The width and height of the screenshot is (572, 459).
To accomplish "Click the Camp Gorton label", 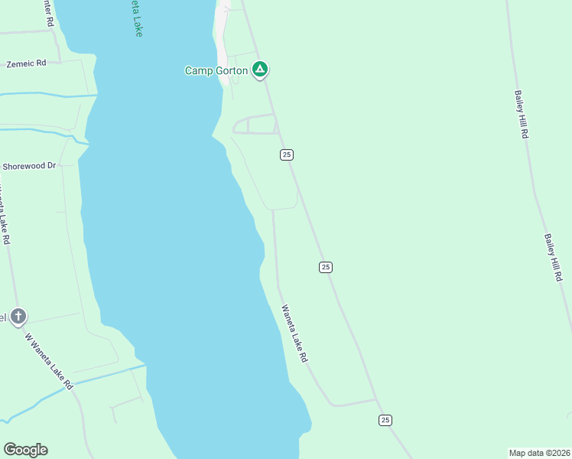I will [x=216, y=70].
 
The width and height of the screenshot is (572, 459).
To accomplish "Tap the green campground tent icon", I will [x=260, y=70].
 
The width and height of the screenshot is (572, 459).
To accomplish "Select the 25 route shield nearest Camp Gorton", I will [x=286, y=155].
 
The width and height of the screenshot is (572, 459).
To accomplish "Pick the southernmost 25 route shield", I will [x=385, y=420].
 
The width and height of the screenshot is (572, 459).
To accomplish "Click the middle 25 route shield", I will [x=326, y=266].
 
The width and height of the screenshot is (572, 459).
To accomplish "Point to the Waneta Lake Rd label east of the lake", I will [x=294, y=334].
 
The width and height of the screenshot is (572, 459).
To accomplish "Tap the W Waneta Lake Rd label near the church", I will [x=47, y=360].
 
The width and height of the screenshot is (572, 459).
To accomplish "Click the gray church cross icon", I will [x=18, y=316].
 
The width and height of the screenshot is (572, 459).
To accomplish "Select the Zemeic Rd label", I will [x=26, y=63].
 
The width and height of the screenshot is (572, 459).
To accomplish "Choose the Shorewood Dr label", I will [x=30, y=165].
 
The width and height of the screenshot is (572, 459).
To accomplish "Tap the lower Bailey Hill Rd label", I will [x=553, y=258].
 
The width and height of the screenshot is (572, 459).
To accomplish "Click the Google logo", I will [x=25, y=450].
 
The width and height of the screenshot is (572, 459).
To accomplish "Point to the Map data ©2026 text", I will [x=539, y=452].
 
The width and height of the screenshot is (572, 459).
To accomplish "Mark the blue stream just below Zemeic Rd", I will [x=46, y=94].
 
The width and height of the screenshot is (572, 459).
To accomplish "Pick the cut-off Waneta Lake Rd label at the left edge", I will [x=5, y=214].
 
